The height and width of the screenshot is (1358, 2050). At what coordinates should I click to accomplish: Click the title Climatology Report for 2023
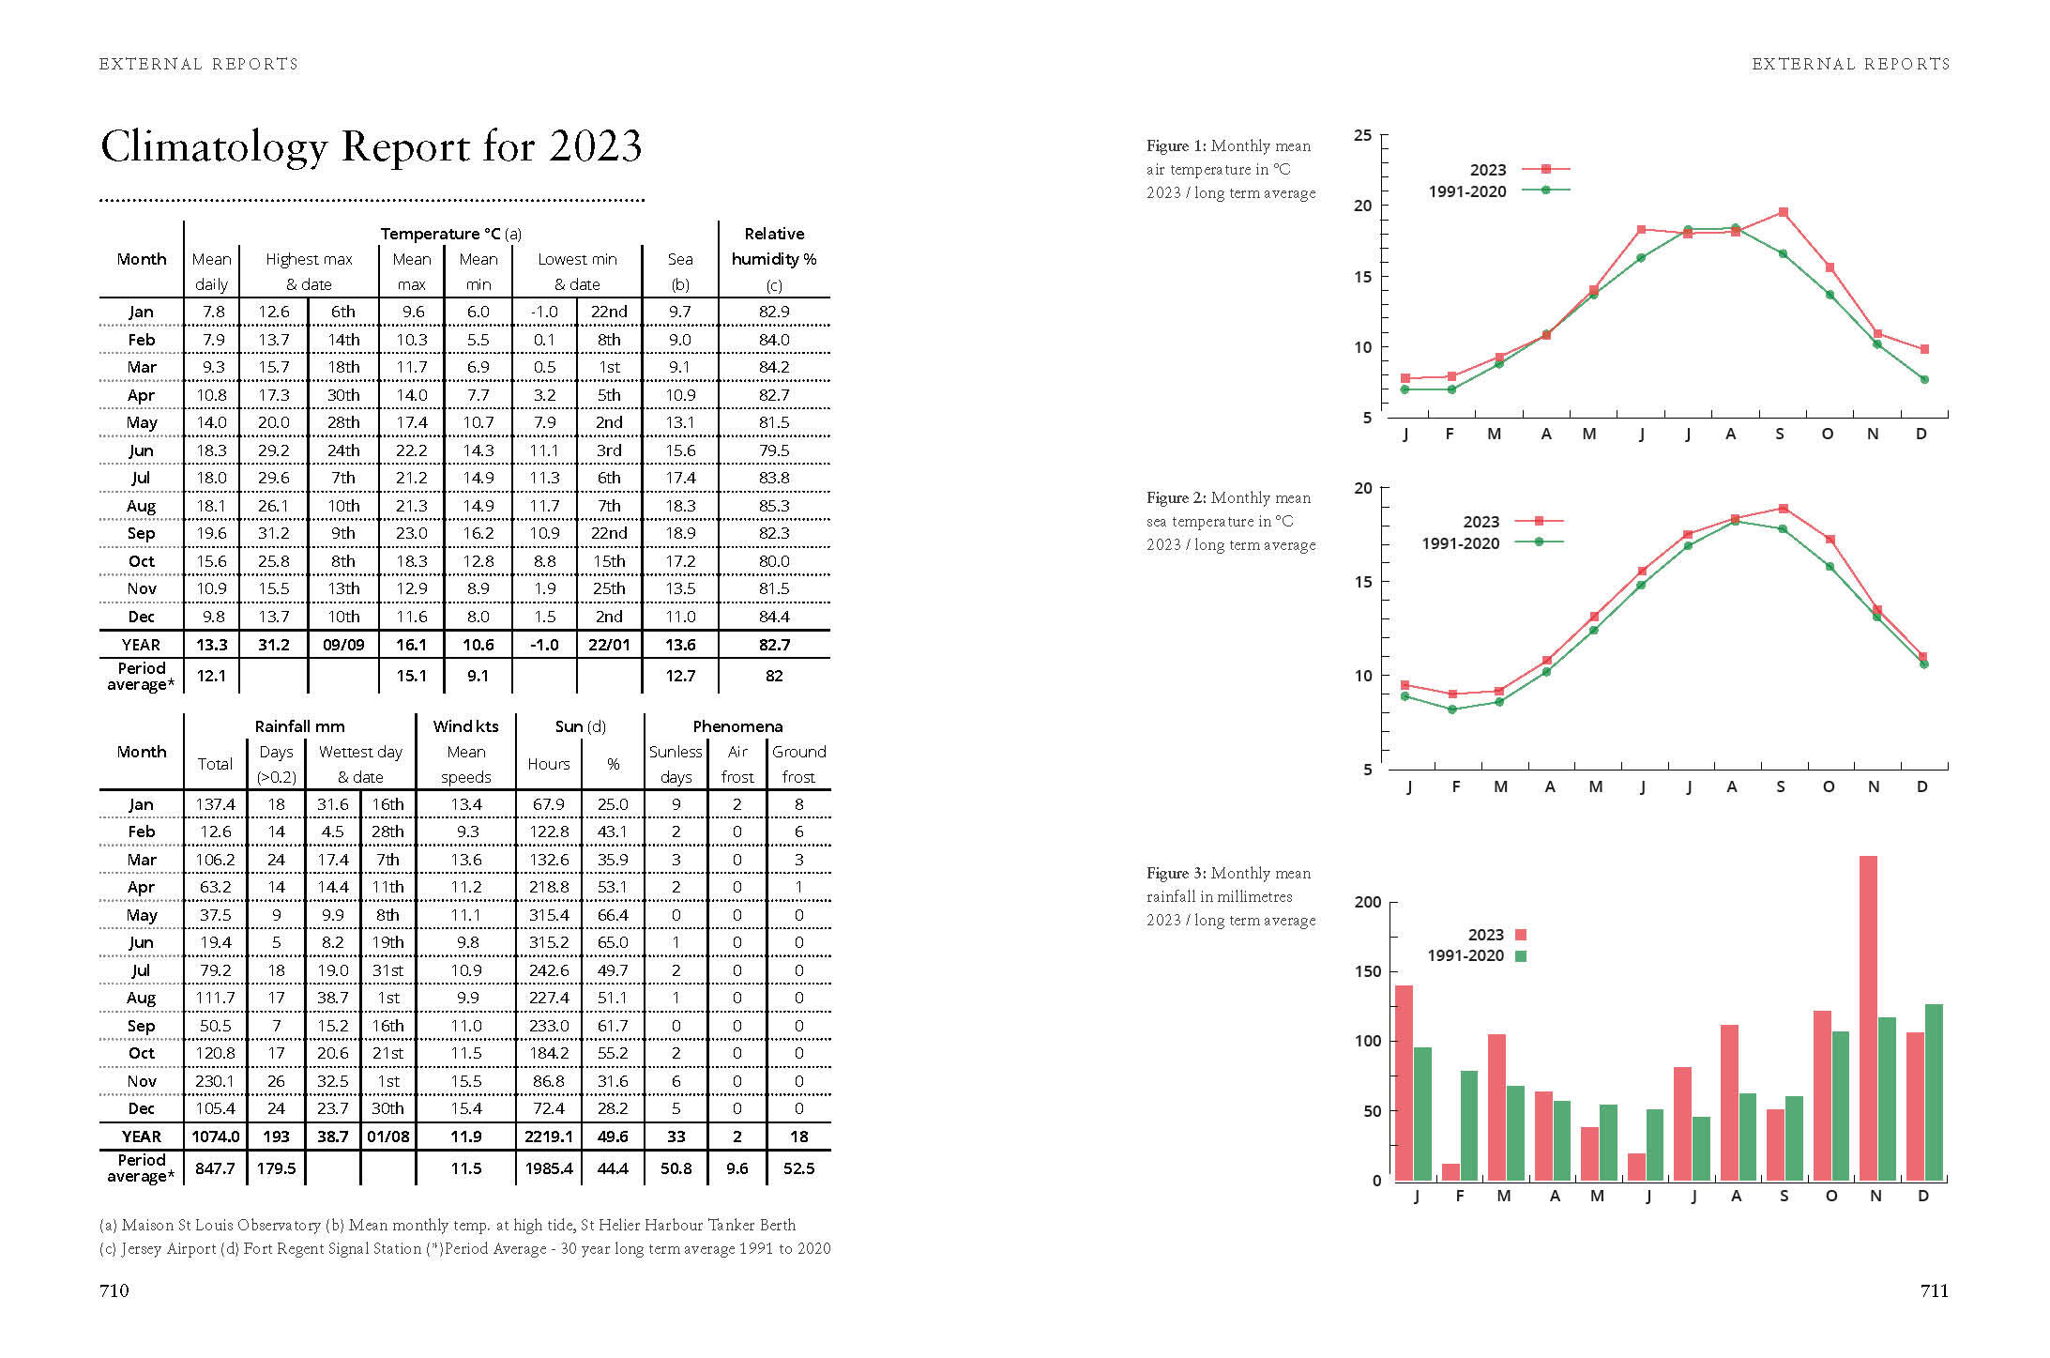(371, 147)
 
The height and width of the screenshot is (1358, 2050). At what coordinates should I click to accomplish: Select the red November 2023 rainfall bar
(1867, 1017)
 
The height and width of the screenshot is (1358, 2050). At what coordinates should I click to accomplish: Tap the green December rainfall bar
(1933, 1091)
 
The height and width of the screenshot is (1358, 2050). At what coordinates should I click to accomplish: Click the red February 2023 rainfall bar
(1450, 1171)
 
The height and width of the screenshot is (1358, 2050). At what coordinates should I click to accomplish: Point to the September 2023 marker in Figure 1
(1783, 213)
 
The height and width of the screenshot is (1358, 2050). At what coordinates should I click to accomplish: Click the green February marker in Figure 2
(1452, 710)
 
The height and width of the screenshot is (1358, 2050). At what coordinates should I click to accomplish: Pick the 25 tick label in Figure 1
(1362, 136)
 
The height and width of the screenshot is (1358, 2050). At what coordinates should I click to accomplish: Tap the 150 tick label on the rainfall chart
(1368, 971)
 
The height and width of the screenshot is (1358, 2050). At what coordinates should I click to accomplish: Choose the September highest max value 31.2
(273, 533)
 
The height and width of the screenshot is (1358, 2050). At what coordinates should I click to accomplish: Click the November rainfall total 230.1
(215, 1081)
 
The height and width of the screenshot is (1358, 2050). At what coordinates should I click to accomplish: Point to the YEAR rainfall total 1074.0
(216, 1137)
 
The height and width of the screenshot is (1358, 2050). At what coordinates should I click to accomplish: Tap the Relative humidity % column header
(774, 247)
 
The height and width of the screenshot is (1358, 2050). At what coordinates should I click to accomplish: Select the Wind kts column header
(465, 726)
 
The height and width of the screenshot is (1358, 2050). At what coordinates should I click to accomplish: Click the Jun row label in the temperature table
(141, 450)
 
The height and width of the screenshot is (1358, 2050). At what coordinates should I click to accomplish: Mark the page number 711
(1934, 1290)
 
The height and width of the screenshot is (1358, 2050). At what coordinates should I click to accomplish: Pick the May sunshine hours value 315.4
(549, 915)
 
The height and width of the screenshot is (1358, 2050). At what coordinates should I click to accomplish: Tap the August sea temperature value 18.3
(680, 506)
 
